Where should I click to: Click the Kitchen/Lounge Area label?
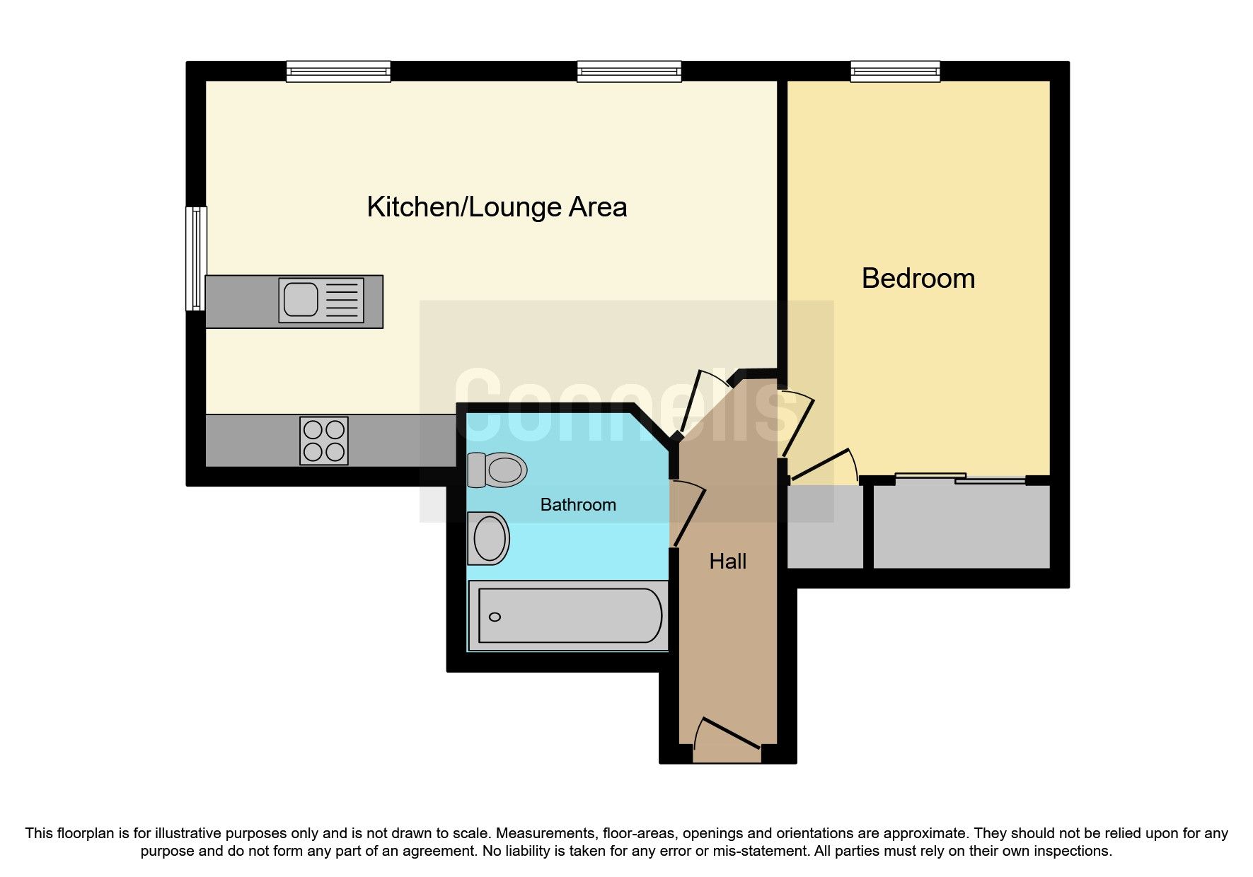(x=497, y=207)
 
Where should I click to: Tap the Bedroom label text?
(x=918, y=279)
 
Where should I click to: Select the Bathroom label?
(x=577, y=505)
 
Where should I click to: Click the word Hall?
(x=727, y=562)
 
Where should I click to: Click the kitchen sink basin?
(x=301, y=299)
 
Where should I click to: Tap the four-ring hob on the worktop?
(x=324, y=441)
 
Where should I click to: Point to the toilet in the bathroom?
(x=498, y=470)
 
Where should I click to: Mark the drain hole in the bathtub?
(x=495, y=617)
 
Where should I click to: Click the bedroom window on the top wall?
(x=895, y=71)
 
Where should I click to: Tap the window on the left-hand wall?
(x=196, y=259)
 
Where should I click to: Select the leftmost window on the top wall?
(x=338, y=71)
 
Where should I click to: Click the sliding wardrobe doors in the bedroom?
(x=960, y=479)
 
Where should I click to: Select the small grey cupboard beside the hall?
(x=825, y=527)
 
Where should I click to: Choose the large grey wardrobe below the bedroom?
(x=961, y=527)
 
